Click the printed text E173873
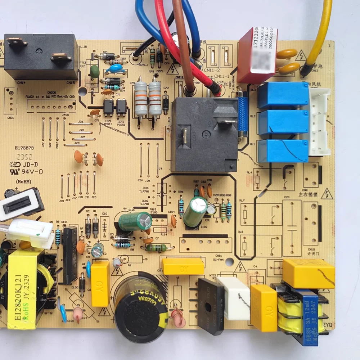(x=24, y=148)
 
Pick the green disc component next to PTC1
(x=95, y=71)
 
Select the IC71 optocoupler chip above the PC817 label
(x=108, y=106)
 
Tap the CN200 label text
(x=51, y=93)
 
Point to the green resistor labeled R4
(x=156, y=248)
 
